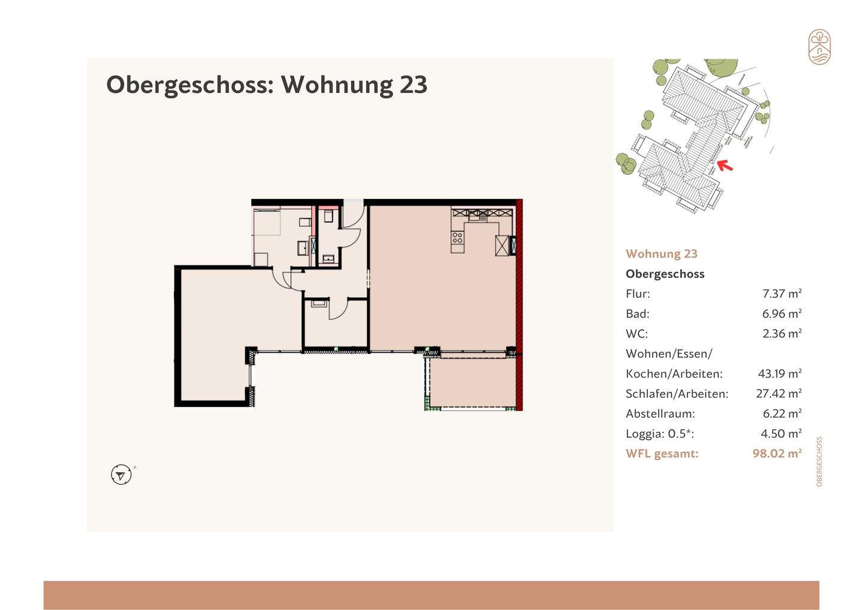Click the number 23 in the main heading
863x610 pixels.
pyautogui.click(x=413, y=84)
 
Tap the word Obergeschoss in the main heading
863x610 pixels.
pyautogui.click(x=189, y=84)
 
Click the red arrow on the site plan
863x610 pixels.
pyautogui.click(x=725, y=165)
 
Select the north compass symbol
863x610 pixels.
pyautogui.click(x=121, y=475)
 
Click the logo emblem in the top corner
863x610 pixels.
pyautogui.click(x=819, y=47)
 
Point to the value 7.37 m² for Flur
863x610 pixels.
pyautogui.click(x=781, y=294)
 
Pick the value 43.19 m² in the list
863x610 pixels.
pyautogui.click(x=779, y=373)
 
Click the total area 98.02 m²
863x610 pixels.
pyautogui.click(x=777, y=454)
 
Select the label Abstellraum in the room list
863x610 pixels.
pyautogui.click(x=660, y=413)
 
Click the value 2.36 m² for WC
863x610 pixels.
pyautogui.click(x=781, y=333)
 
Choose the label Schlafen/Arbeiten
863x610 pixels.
pyautogui.click(x=677, y=394)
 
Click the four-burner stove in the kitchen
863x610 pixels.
pyautogui.click(x=458, y=238)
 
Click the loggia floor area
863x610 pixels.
pyautogui.click(x=472, y=382)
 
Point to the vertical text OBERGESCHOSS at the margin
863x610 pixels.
pyautogui.click(x=819, y=461)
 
